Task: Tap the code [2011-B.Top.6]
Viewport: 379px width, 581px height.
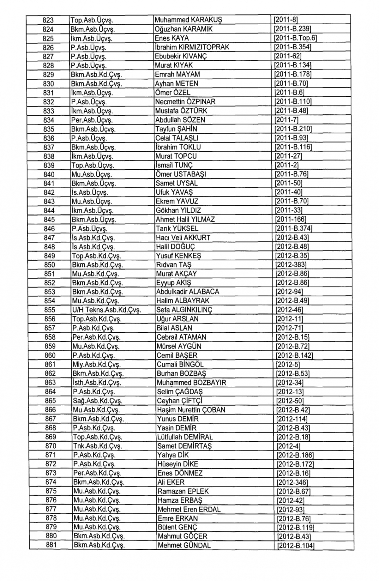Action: click(x=295, y=38)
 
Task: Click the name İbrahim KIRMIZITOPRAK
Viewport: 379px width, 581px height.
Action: click(x=192, y=47)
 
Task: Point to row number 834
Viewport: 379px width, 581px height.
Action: click(x=49, y=120)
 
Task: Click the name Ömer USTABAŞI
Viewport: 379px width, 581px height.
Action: click(x=181, y=174)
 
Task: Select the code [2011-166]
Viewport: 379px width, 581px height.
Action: click(x=290, y=219)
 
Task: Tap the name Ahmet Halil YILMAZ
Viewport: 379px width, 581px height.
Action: click(x=185, y=219)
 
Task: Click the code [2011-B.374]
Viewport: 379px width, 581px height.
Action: click(x=293, y=228)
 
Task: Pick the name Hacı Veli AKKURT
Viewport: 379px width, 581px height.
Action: click(x=183, y=238)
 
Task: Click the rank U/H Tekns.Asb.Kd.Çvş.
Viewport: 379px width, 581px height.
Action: click(x=106, y=310)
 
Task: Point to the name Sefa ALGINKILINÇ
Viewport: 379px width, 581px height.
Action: click(x=185, y=310)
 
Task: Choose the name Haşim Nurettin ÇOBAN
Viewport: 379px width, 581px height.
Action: click(x=191, y=410)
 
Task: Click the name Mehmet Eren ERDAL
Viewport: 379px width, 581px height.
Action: click(x=189, y=509)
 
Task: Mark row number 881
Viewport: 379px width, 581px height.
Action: click(x=51, y=545)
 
